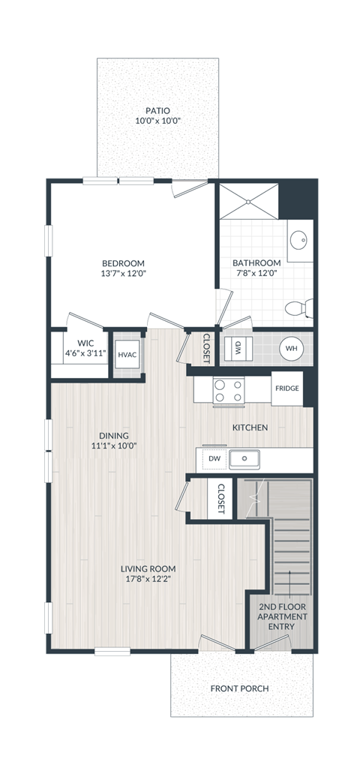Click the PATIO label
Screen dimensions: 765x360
[157, 111]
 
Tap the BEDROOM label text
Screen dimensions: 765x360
[123, 263]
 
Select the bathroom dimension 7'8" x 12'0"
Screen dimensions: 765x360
[256, 274]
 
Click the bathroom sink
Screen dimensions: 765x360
[298, 241]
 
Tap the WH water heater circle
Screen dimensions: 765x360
[291, 349]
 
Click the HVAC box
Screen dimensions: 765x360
[127, 355]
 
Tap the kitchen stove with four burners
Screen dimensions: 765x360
[229, 390]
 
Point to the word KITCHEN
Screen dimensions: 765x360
[250, 427]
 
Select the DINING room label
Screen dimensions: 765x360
[114, 436]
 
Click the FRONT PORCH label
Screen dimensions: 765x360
[239, 688]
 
